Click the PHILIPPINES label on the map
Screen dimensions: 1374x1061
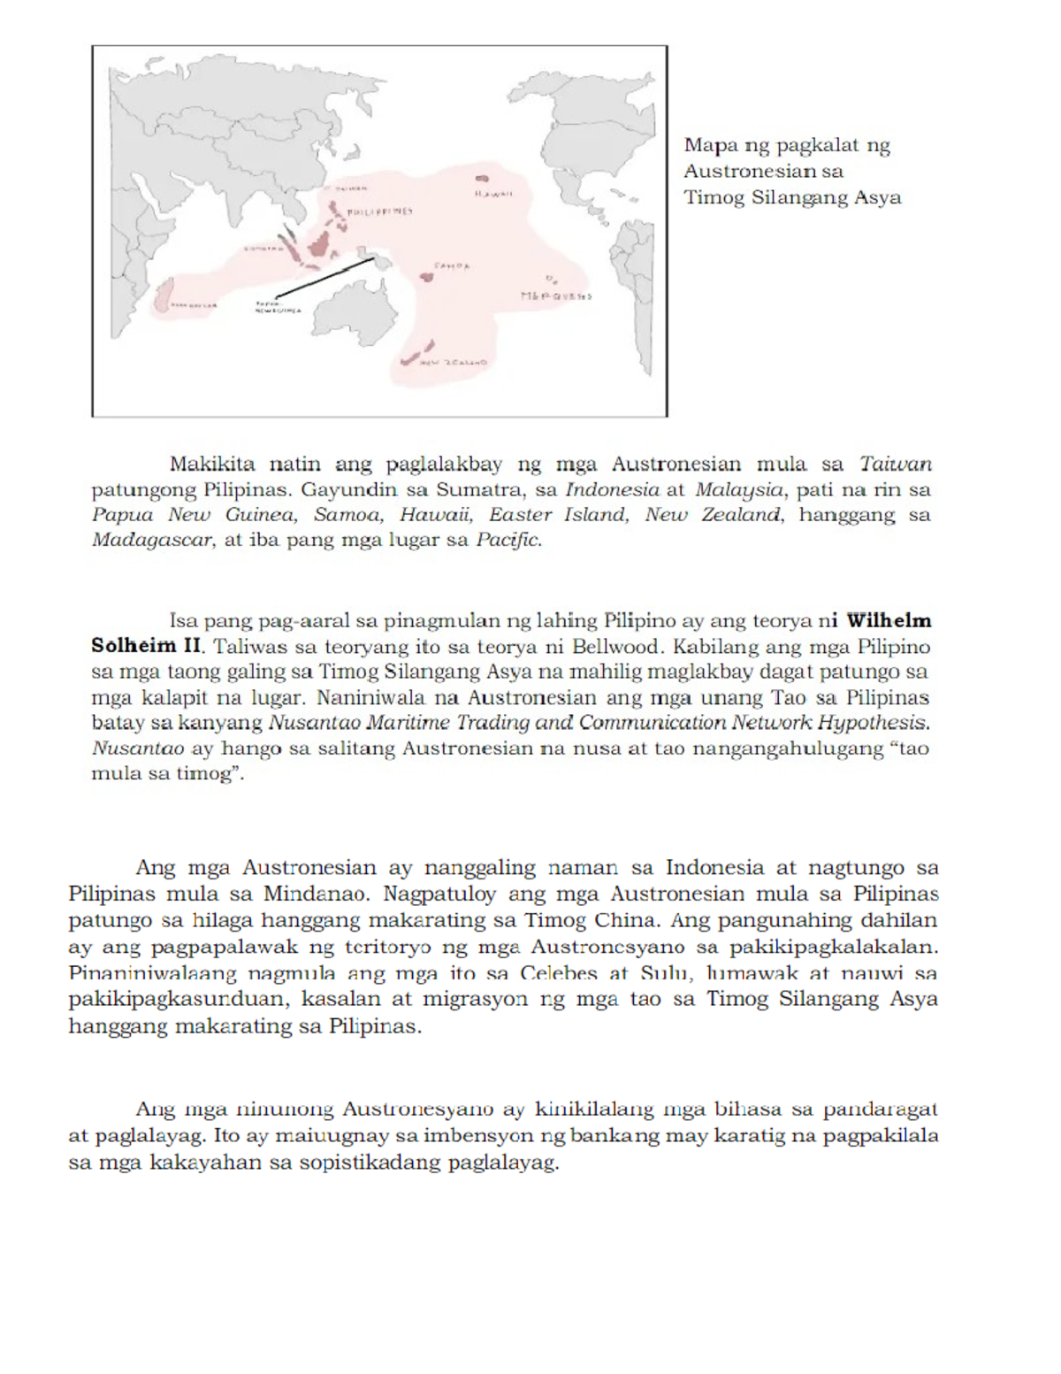point(380,212)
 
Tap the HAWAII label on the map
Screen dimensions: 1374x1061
point(492,194)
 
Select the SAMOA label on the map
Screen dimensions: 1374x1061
point(452,265)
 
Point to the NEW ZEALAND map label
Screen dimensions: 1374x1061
point(454,363)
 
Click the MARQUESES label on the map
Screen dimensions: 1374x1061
point(556,296)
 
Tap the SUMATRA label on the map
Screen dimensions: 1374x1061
point(259,249)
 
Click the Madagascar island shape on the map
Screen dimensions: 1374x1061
point(162,296)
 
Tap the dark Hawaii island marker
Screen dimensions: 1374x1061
point(484,177)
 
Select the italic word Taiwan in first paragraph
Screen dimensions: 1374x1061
point(896,464)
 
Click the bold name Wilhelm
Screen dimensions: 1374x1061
point(889,621)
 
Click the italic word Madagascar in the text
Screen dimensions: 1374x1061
point(152,540)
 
